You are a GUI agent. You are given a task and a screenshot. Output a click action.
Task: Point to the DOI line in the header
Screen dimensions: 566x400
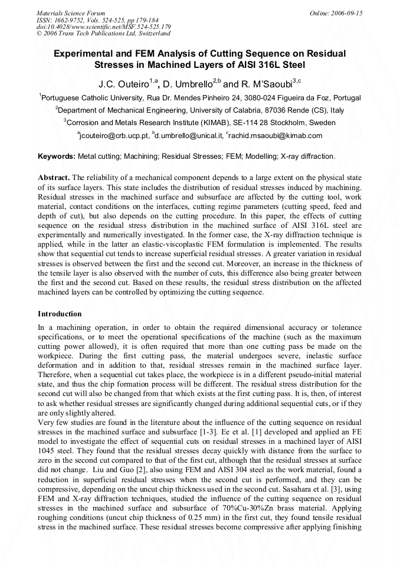click(103, 27)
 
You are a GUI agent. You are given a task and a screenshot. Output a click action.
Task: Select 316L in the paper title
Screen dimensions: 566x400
click(261, 64)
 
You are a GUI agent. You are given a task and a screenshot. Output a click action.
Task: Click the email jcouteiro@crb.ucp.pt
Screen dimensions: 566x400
click(113, 136)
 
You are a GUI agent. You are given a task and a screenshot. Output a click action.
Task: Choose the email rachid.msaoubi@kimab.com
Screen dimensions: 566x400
click(272, 136)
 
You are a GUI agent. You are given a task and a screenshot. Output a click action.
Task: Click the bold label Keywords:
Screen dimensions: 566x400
click(57, 156)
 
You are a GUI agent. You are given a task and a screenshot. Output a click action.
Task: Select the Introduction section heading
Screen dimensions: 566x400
click(60, 313)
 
